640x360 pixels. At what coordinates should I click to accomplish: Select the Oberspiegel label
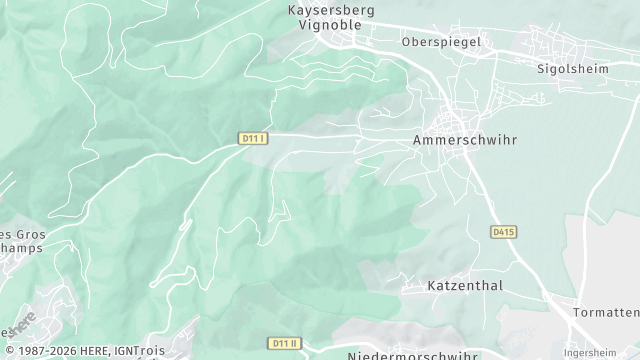coord(441,42)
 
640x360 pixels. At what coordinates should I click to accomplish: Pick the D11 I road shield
coord(254,138)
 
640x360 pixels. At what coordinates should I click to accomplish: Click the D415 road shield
coord(503,232)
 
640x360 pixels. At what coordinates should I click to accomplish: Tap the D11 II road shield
coord(285,343)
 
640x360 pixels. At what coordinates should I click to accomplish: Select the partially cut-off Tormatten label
coord(606,313)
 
